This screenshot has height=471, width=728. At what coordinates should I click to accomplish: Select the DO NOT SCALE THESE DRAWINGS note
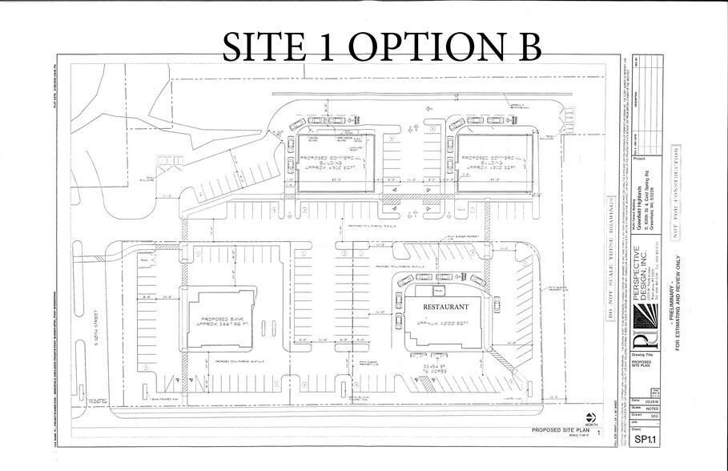(x=609, y=272)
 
